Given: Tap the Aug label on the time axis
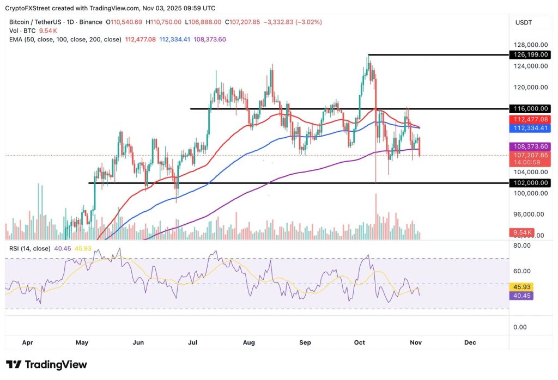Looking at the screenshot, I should (249, 342).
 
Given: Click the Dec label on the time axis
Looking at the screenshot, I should (470, 342).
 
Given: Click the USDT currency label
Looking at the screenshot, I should (524, 22).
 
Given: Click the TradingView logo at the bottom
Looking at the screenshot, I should (47, 365).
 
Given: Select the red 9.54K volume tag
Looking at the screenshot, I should (521, 232).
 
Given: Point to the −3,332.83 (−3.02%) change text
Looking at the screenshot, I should (293, 22).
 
